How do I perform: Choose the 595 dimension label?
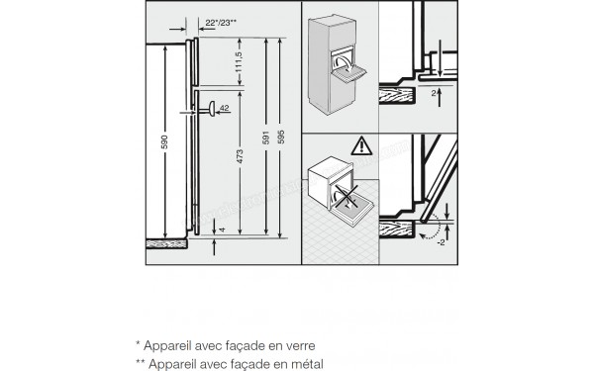284,139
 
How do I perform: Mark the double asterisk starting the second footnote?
141,362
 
